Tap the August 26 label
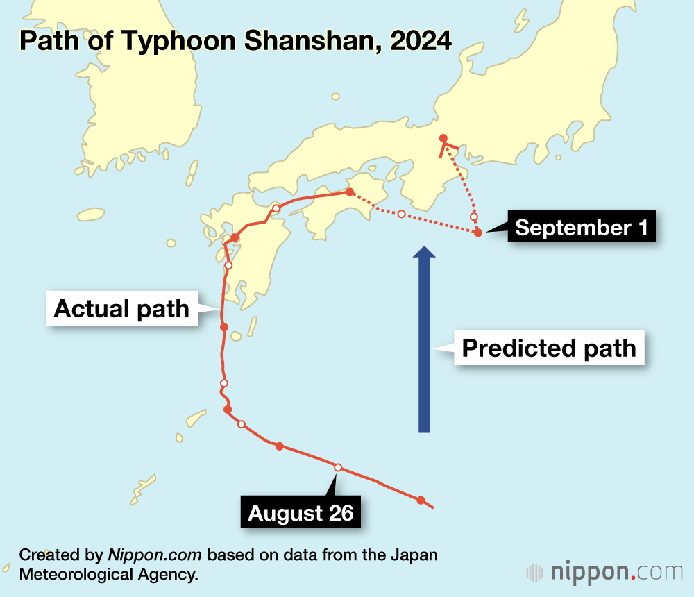coord(301,513)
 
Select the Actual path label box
coord(121,308)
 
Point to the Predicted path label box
coord(549,348)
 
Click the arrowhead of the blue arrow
coord(424,251)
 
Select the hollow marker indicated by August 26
coord(338,467)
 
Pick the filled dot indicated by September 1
coord(478,233)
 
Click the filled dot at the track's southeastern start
coord(421,500)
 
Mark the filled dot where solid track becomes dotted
coord(350,192)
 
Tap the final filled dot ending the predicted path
coord(443,138)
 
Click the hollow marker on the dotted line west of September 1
coord(401,213)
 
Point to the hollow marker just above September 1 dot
coord(474,217)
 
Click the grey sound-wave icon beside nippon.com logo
coord(535,572)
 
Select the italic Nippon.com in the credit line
coord(155,555)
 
